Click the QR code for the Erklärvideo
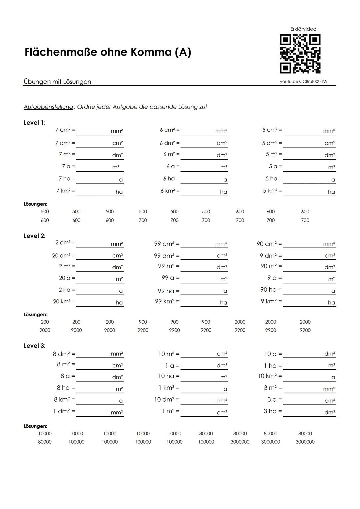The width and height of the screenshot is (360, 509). [300, 54]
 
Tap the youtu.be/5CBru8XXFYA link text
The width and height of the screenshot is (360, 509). [303, 82]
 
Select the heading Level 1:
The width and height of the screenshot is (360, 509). [35, 123]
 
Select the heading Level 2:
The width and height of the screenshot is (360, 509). [35, 236]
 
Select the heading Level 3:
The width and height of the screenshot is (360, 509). [35, 346]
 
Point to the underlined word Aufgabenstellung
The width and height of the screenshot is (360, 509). [48, 107]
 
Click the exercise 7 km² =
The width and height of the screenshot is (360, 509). [65, 191]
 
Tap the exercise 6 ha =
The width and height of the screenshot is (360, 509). [171, 179]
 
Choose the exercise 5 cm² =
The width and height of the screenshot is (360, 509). [272, 130]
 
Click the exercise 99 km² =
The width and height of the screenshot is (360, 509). [167, 301]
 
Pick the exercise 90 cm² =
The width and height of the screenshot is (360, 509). [269, 244]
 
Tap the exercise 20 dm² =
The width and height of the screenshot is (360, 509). [64, 256]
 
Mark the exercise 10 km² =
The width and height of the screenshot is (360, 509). [270, 376]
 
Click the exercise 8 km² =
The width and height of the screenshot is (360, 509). [64, 399]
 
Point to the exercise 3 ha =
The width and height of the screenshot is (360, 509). [273, 411]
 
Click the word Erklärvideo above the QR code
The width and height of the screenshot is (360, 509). [303, 29]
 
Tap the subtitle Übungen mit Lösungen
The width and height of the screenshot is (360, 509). [57, 82]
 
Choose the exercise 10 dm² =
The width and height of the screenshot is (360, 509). [167, 399]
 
